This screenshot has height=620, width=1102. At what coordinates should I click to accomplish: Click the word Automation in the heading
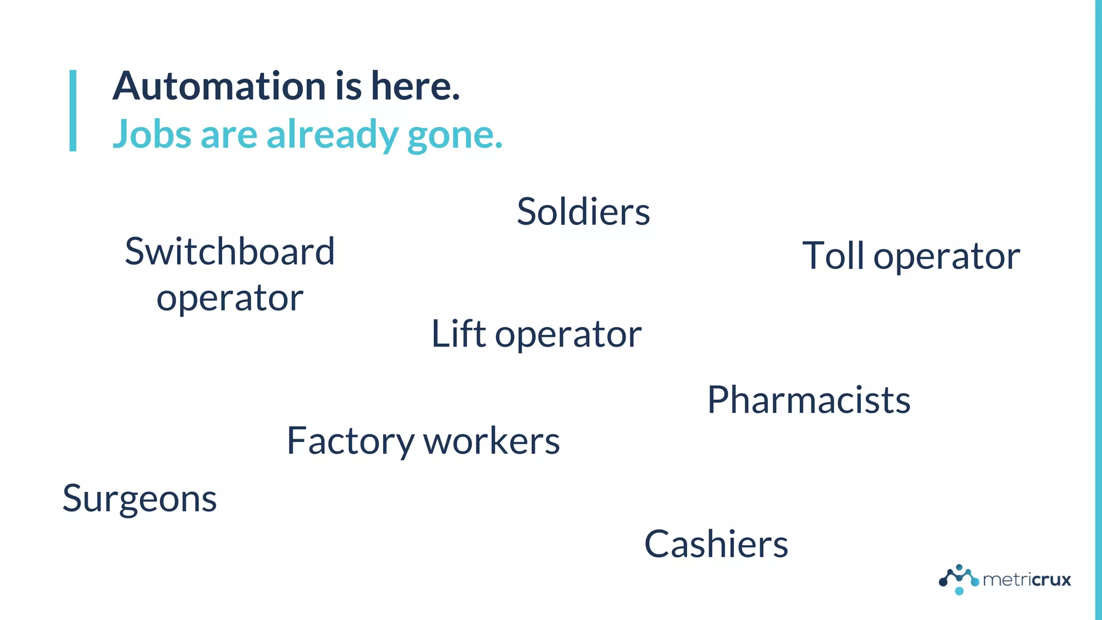click(219, 86)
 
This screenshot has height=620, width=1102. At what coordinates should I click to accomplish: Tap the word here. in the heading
click(415, 86)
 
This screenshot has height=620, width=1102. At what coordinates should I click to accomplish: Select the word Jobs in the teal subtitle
click(152, 134)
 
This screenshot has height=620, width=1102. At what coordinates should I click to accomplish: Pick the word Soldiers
click(583, 211)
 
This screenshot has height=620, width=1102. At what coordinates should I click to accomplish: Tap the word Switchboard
click(230, 251)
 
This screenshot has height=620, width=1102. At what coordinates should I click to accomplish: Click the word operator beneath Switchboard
click(230, 299)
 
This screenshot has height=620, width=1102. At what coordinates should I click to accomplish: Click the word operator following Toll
click(946, 257)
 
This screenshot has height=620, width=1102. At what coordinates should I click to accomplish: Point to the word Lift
click(458, 334)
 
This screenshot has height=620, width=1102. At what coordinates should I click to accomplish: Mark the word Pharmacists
click(808, 400)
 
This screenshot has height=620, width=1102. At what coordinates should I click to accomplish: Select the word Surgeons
click(139, 499)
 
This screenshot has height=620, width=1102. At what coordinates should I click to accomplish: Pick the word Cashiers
click(716, 544)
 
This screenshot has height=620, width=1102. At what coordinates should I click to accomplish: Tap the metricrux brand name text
click(1027, 580)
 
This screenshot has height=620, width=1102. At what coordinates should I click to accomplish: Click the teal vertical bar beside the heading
click(73, 110)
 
